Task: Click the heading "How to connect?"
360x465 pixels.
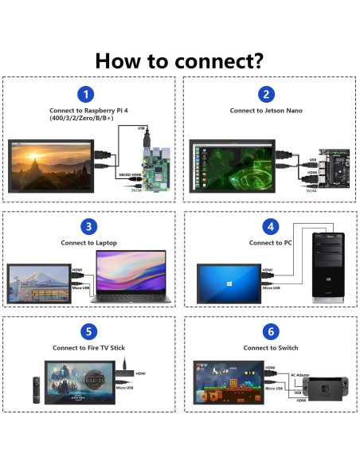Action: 179,61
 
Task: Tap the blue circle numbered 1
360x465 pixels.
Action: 89,94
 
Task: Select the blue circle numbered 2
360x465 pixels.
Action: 268,94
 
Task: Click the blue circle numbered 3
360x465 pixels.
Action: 89,226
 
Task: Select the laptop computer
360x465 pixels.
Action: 131,277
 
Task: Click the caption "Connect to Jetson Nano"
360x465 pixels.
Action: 268,111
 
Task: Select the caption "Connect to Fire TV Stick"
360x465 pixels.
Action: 89,348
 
